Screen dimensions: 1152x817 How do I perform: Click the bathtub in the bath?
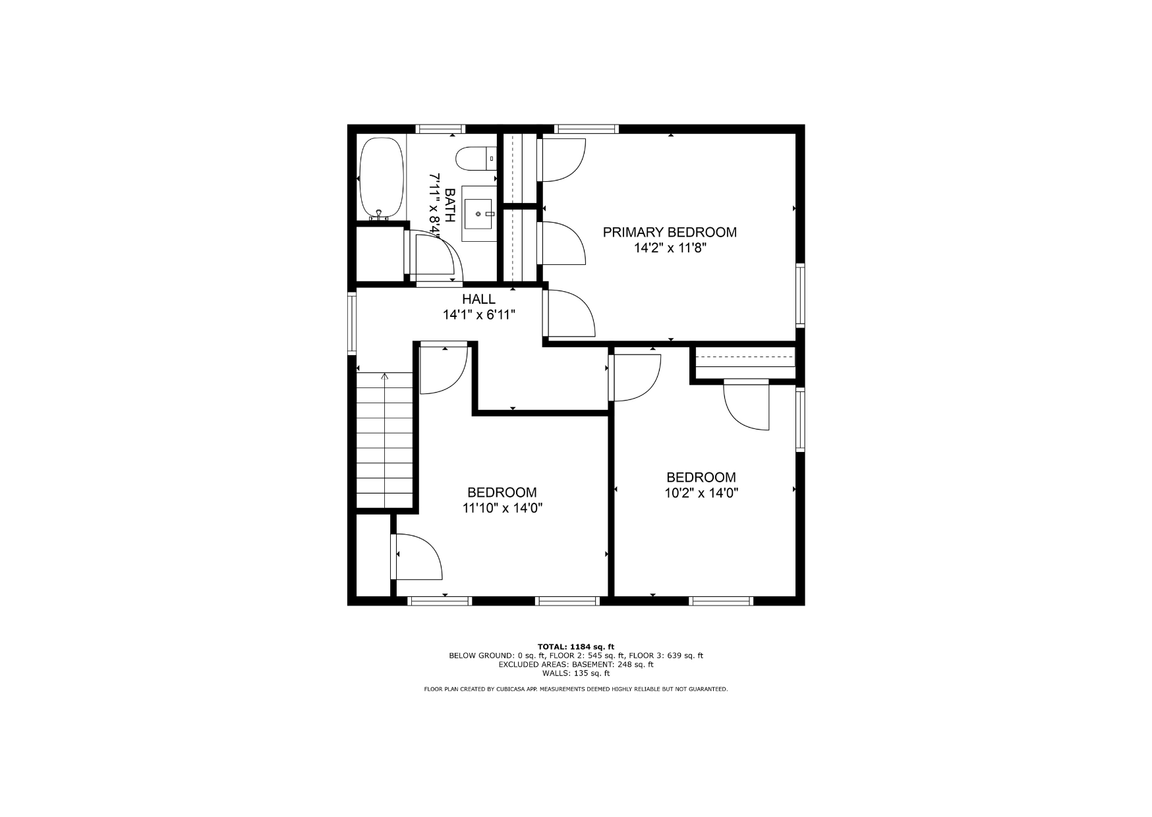[381, 179]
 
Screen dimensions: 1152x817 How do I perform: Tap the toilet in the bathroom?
[476, 159]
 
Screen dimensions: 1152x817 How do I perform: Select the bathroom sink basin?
[478, 214]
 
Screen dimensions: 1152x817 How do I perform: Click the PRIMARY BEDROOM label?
[670, 232]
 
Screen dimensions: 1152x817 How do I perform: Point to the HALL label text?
[478, 299]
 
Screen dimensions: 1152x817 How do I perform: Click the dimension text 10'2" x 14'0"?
[701, 493]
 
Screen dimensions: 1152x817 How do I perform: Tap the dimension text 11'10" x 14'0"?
[502, 508]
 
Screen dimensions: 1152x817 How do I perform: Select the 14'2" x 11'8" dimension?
[670, 248]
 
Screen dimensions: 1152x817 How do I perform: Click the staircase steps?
[385, 440]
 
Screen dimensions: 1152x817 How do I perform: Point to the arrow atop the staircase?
[385, 378]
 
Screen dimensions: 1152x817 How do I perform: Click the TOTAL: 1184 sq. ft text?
[575, 647]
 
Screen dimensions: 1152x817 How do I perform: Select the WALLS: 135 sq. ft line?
[575, 673]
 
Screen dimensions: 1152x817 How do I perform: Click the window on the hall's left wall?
[352, 324]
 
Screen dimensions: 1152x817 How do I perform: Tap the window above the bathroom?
[440, 129]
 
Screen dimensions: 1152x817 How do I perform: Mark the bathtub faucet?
[379, 215]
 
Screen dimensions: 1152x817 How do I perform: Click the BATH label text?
[450, 205]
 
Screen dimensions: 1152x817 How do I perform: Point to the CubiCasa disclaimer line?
[575, 689]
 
